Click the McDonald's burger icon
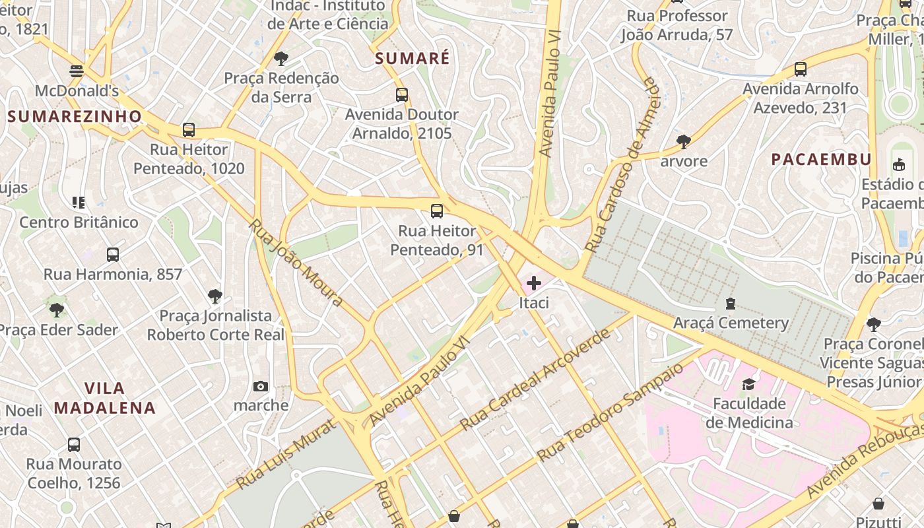[77, 71]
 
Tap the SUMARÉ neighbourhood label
[412, 58]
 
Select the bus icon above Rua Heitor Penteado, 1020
[189, 130]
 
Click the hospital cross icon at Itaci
[533, 284]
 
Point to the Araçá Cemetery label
[731, 323]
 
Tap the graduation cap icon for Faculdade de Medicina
[748, 384]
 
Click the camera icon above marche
[261, 386]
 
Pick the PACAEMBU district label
[821, 159]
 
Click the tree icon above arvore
[684, 141]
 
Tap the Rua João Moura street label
[296, 262]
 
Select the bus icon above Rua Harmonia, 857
[113, 255]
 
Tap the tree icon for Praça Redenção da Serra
[281, 58]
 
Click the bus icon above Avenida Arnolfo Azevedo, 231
[801, 69]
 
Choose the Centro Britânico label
[79, 222]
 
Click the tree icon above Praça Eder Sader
[57, 310]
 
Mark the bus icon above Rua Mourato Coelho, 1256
[74, 445]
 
